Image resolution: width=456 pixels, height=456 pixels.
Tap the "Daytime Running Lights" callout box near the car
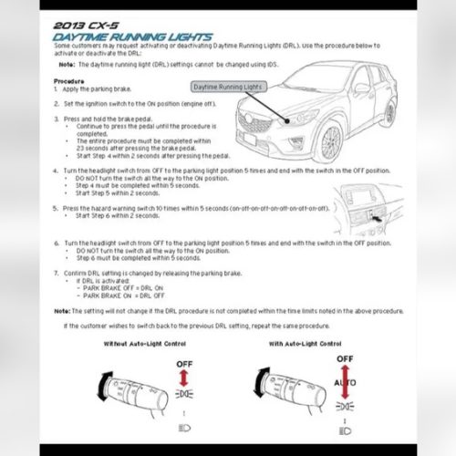tap(228, 87)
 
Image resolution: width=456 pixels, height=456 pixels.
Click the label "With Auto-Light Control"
tap(305, 344)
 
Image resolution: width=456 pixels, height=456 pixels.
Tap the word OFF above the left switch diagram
tap(181, 363)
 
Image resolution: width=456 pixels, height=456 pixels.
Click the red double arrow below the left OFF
tap(181, 379)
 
